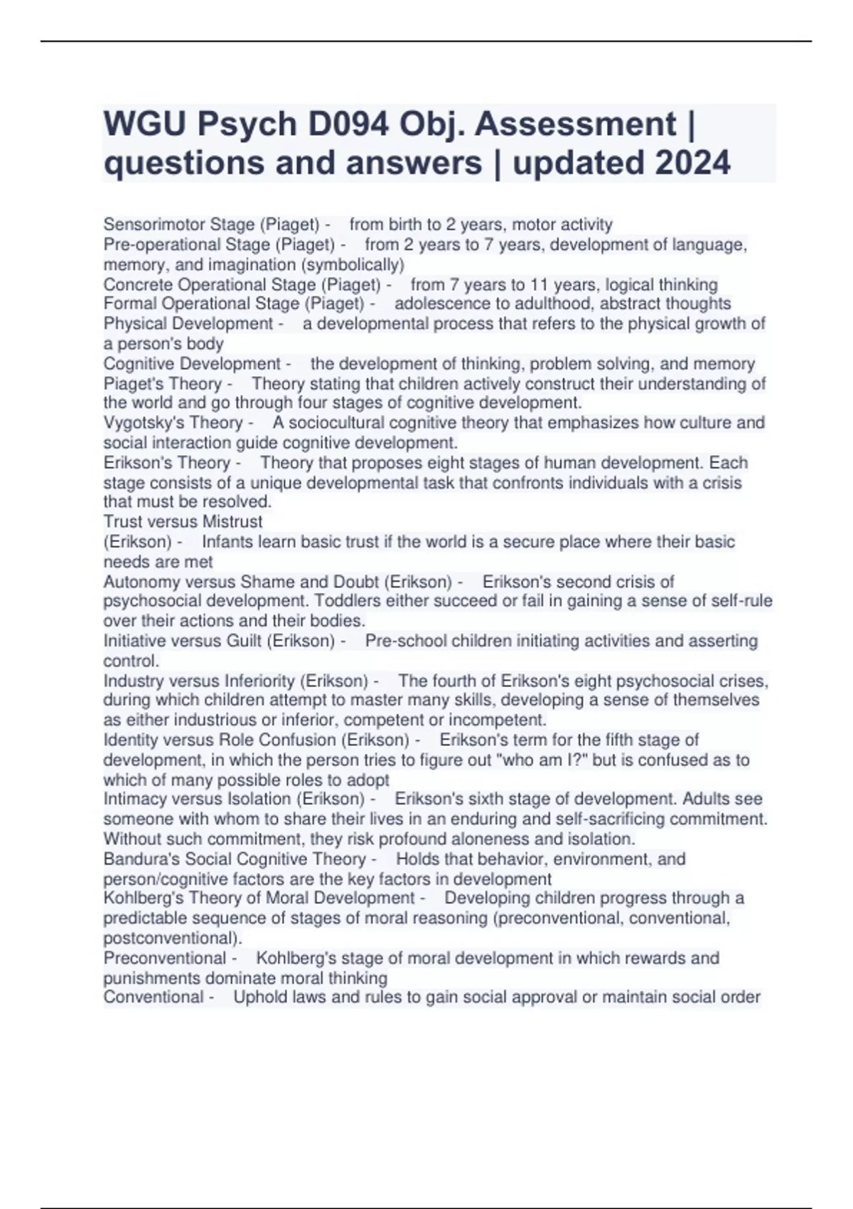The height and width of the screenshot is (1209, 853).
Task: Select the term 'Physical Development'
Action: (x=188, y=324)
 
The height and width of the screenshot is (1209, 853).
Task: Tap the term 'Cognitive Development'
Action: (x=192, y=364)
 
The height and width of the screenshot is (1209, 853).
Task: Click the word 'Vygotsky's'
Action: (x=139, y=422)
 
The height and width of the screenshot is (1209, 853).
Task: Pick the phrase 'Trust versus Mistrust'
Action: (x=183, y=521)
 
